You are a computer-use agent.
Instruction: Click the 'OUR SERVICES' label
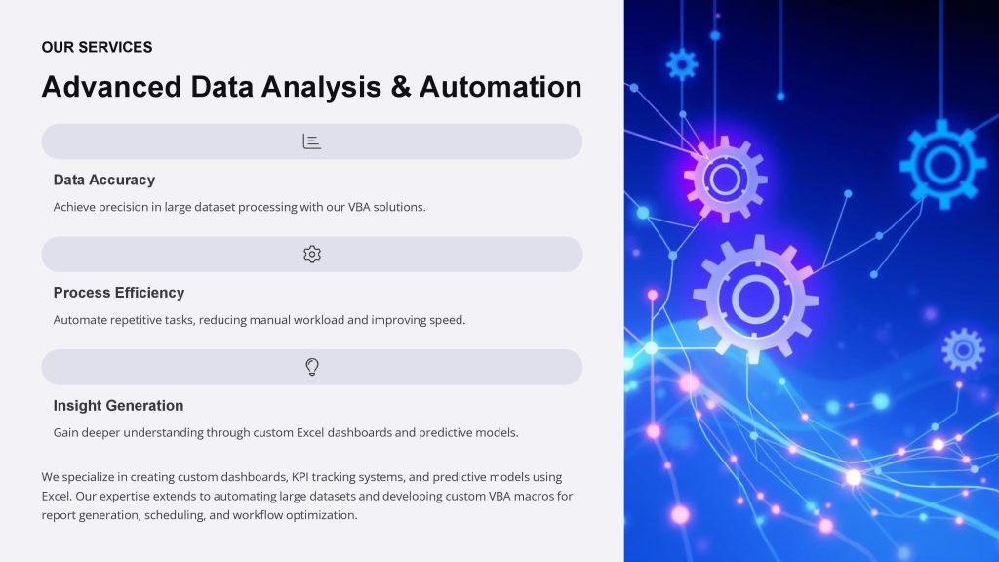(x=97, y=47)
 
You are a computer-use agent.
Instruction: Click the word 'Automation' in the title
(x=500, y=87)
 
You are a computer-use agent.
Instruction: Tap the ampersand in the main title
(x=400, y=87)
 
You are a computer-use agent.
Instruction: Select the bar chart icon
(x=311, y=141)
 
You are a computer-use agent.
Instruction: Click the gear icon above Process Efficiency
(x=312, y=255)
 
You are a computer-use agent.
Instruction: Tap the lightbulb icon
(x=312, y=367)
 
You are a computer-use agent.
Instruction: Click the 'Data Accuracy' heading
(x=103, y=181)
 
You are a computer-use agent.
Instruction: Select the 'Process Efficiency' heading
(x=118, y=293)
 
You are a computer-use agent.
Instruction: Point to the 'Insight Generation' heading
(x=118, y=405)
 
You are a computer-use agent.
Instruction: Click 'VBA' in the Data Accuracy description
(x=359, y=207)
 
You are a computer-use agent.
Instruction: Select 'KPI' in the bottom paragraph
(x=300, y=477)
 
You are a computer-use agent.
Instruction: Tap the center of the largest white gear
(x=756, y=299)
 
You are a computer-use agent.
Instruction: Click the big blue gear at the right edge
(x=943, y=164)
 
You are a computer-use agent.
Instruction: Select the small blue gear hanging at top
(x=682, y=64)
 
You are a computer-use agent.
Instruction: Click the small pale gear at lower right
(x=963, y=350)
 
